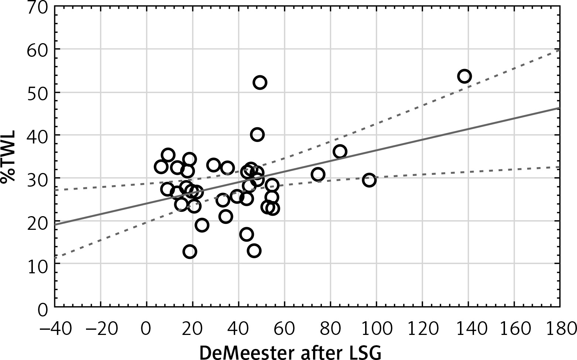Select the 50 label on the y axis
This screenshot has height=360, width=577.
pos(38,93)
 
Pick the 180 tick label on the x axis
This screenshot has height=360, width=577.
pos(560,328)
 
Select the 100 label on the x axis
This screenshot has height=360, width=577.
pos(376,328)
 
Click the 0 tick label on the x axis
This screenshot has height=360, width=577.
pos(147,328)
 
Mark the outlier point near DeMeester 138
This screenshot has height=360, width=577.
pos(464,76)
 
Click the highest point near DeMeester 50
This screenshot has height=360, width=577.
pos(260,82)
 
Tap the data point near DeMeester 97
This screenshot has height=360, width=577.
pos(369,180)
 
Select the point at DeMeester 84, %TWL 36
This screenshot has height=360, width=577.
pos(340,151)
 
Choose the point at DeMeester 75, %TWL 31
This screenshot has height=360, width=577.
pos(318,174)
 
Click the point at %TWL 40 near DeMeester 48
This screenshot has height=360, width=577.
pos(257,135)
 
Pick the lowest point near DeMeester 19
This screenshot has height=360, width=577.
pos(190,252)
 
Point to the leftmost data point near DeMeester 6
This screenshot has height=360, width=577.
pos(161,167)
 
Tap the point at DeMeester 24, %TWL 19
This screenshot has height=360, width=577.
pos(202,225)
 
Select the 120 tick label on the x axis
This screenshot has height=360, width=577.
pos(422,328)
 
